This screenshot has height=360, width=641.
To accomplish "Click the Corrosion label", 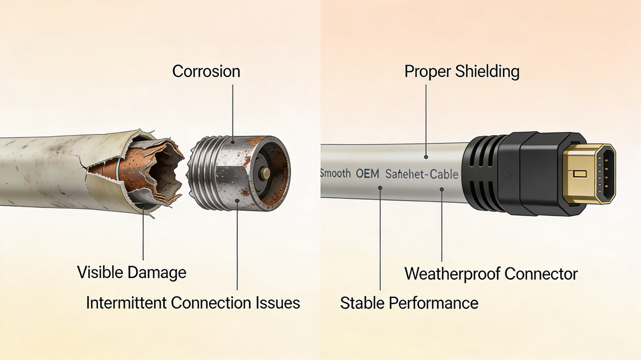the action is [206, 71].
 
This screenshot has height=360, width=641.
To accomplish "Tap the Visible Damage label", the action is [131, 272].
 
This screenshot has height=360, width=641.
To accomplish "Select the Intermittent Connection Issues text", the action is [193, 303].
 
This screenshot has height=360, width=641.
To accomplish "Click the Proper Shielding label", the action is [462, 71].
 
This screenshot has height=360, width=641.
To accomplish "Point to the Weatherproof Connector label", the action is [491, 274].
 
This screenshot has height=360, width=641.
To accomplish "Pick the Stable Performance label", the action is [409, 303].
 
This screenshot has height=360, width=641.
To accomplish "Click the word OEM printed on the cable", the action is [368, 174].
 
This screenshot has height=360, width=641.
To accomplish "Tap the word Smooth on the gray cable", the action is [335, 174].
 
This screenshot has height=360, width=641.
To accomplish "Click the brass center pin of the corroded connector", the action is [265, 173].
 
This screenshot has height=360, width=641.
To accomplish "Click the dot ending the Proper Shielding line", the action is [426, 157].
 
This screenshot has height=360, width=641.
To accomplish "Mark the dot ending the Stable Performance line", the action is [380, 188].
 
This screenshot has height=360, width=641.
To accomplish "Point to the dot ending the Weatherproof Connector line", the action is [442, 189].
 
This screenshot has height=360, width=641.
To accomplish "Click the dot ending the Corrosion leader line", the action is [233, 142].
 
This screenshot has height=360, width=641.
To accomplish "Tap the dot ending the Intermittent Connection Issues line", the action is [237, 201].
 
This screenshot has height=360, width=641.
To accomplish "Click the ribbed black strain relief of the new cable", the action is [481, 173].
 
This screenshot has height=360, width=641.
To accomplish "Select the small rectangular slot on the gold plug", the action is [580, 174].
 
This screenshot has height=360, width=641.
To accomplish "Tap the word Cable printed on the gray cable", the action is [444, 174].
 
